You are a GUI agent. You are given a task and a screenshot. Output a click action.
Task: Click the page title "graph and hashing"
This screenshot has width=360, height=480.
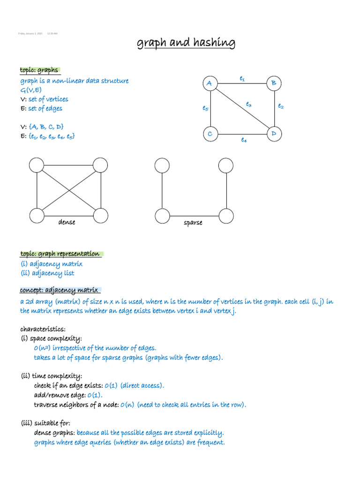pos(186,43)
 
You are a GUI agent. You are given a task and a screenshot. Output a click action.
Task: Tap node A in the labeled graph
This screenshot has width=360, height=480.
pos(210,84)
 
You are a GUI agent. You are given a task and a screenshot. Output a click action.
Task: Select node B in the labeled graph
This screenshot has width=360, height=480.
pos(273,83)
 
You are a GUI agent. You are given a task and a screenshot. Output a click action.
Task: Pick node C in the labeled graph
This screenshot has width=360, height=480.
pos(210,134)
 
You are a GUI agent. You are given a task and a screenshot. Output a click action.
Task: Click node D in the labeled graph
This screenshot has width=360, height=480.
pos(273,134)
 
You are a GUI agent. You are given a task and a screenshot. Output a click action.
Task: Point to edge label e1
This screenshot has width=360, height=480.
pos(242,79)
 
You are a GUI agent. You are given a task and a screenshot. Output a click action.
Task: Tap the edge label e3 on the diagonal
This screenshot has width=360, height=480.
pos(249,105)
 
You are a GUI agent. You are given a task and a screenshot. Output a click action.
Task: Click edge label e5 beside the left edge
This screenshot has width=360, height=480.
pos(205,108)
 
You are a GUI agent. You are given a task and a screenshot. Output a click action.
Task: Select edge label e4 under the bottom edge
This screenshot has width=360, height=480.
pos(244,140)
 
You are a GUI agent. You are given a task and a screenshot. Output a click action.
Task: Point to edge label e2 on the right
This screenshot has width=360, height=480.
pos(280,106)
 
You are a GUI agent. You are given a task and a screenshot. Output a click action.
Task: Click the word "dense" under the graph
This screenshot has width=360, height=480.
pos(67,222)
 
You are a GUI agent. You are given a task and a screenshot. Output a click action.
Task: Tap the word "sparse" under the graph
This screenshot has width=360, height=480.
pos(193,223)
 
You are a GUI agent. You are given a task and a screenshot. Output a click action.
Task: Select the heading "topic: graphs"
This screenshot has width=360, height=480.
pos(39,70)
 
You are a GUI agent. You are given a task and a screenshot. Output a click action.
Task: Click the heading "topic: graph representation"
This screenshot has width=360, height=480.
pos(60,254)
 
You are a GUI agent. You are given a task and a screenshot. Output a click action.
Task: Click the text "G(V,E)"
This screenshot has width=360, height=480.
pos(30,90)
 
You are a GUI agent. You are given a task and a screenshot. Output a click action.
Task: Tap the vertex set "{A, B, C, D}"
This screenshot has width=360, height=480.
pos(46,127)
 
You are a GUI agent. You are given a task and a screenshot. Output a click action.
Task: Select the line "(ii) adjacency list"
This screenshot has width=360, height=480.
pos(47,273)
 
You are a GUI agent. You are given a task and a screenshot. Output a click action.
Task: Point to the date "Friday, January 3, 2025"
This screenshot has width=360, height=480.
pos(30,34)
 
